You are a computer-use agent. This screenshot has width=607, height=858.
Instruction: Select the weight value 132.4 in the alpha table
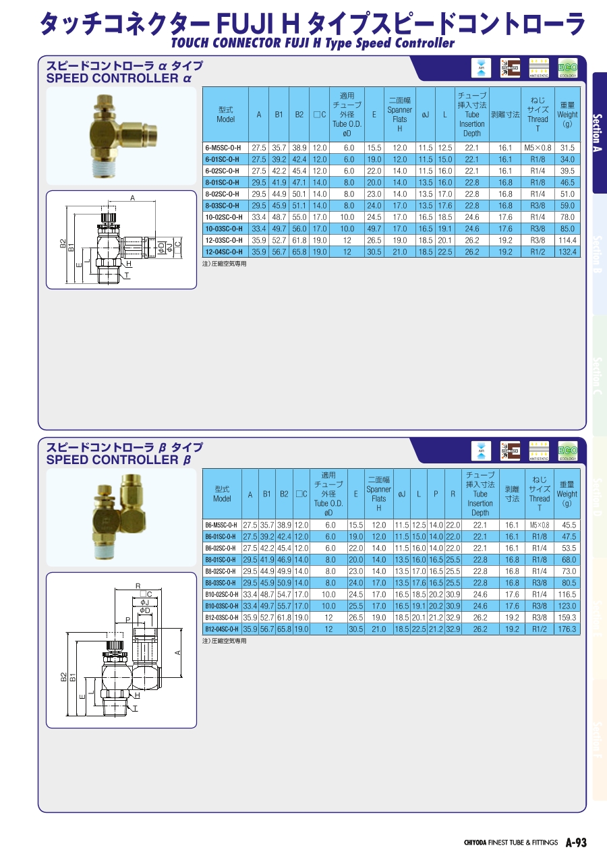[x=567, y=252]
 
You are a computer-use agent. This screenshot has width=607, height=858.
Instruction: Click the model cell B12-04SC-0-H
[x=222, y=629]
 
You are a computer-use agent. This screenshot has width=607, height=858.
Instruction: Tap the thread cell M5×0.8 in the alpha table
[x=538, y=148]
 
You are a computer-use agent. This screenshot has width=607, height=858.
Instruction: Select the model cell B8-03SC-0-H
[x=222, y=583]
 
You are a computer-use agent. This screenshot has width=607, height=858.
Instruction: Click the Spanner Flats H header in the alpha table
[x=399, y=115]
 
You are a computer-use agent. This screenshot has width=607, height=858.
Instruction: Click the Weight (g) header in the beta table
[x=567, y=494]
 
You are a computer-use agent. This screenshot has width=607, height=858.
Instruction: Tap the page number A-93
[x=576, y=842]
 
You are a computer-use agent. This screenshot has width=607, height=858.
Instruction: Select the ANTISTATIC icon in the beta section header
[x=539, y=449]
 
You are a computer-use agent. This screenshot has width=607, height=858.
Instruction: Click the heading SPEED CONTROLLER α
[x=119, y=78]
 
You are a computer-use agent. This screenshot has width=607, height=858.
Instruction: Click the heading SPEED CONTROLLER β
[x=119, y=460]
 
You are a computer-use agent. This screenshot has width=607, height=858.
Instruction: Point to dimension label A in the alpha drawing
[x=132, y=198]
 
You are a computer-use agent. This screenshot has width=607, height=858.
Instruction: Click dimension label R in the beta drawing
[x=138, y=586]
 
